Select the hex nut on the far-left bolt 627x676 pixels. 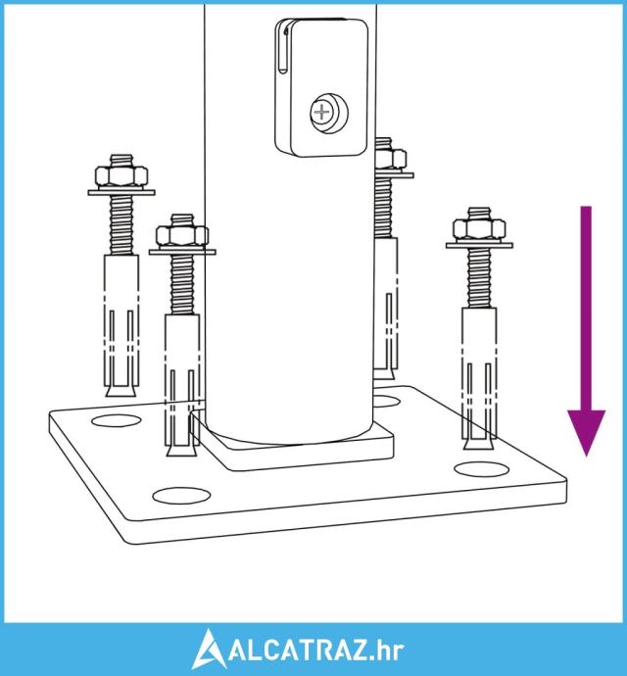tap(121, 176)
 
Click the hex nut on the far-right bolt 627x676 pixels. tap(479, 229)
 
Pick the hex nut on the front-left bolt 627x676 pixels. tap(182, 235)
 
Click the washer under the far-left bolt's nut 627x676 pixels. tap(121, 192)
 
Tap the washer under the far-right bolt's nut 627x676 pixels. tap(479, 245)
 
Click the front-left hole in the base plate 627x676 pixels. tap(181, 496)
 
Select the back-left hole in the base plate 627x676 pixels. tap(117, 420)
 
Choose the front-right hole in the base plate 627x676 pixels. tap(481, 469)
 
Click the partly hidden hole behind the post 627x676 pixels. tap(386, 402)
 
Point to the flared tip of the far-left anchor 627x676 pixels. tap(121, 390)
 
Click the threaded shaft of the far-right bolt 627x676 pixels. tap(479, 278)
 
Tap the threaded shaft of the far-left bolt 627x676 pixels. tap(121, 225)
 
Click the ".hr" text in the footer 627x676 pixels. tap(387, 651)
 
